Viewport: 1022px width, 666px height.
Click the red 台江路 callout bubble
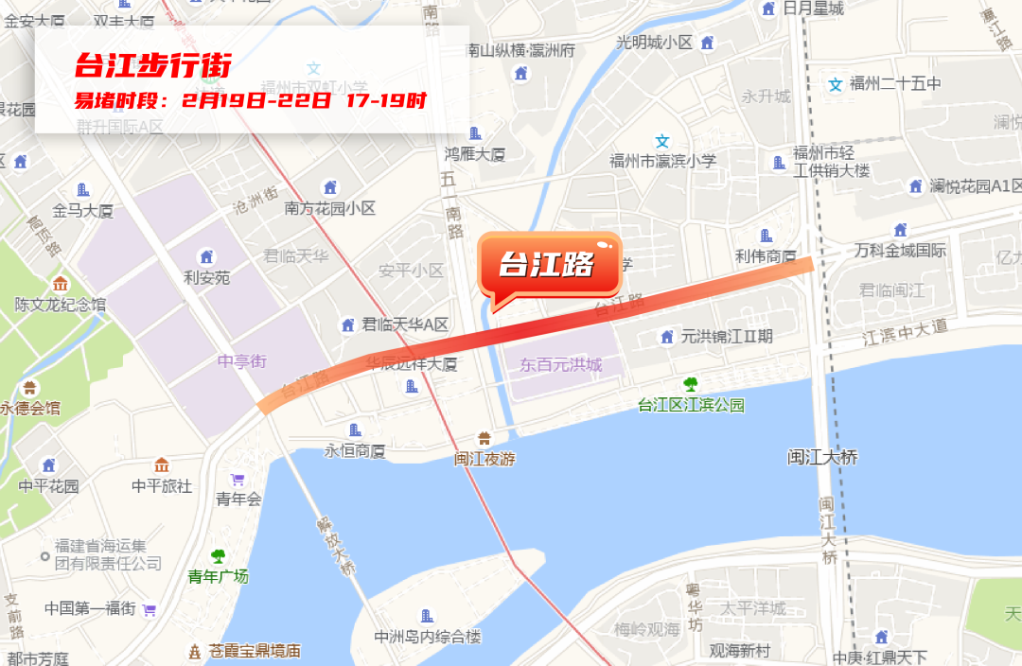tap(548, 265)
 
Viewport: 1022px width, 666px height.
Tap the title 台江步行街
tap(152, 66)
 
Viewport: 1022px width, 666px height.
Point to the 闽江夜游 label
tap(484, 459)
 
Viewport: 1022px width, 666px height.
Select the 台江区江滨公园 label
tap(691, 405)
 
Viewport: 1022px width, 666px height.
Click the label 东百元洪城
tap(560, 364)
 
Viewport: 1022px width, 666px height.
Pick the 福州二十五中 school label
tap(895, 83)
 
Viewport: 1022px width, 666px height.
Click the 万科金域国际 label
tap(900, 251)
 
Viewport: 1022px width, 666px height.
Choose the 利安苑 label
tap(206, 277)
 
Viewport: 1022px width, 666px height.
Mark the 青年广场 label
tap(218, 575)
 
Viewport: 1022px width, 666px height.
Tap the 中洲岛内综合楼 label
tap(428, 637)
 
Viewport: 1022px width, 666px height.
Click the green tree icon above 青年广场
tap(219, 556)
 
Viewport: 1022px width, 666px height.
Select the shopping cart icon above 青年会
tap(238, 480)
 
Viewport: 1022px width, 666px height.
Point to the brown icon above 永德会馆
tap(30, 388)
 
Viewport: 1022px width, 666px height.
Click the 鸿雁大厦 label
tap(475, 153)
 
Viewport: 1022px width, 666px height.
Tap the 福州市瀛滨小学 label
tap(662, 161)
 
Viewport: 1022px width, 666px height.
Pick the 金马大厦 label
tap(83, 210)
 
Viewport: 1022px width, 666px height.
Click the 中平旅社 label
tap(162, 485)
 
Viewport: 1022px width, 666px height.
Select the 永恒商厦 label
tap(355, 450)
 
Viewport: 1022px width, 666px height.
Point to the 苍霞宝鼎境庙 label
tap(255, 651)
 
